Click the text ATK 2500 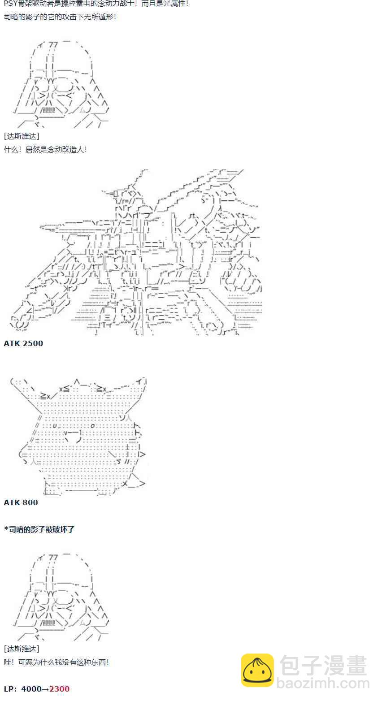23,343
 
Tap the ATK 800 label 21,502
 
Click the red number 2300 60,689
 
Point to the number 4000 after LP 31,689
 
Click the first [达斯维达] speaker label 22,136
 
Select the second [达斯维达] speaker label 22,649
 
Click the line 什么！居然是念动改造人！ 45,150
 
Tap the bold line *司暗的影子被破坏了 39,529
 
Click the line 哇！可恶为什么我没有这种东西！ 56,662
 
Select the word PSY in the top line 10,4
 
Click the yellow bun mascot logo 257,671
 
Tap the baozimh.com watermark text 323,684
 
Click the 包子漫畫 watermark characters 323,666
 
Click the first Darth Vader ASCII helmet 61,85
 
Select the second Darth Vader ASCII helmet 61,597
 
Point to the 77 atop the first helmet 53,45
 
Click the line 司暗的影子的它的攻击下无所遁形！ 60,17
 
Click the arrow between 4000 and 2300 45,689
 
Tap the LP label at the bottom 10,689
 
